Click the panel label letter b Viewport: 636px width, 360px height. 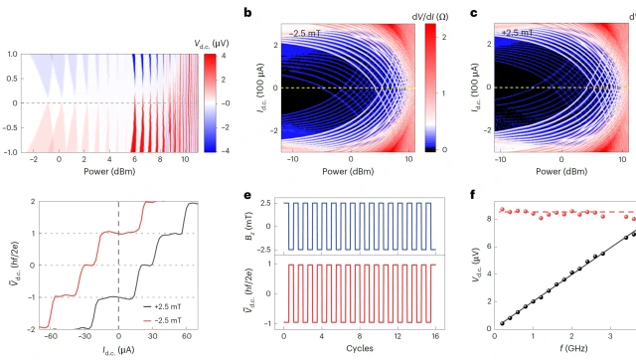(x=247, y=13)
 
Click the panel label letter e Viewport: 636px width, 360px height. (x=247, y=195)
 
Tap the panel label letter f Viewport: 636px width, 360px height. (x=473, y=194)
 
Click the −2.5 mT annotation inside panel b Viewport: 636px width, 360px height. (x=305, y=33)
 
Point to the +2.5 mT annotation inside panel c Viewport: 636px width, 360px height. (x=517, y=33)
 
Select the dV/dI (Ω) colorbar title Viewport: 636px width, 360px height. (x=430, y=17)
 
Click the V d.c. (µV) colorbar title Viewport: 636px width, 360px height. (x=212, y=44)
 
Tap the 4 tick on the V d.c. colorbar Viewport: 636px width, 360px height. (x=223, y=56)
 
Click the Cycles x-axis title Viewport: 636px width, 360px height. (x=360, y=348)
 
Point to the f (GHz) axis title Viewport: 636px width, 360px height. (x=572, y=348)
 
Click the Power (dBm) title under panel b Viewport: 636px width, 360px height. (x=348, y=171)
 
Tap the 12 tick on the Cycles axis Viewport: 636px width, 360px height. (x=397, y=336)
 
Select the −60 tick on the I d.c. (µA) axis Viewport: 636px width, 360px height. (x=51, y=336)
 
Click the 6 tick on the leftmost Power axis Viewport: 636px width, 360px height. (x=135, y=159)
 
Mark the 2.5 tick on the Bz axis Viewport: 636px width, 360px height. (x=264, y=203)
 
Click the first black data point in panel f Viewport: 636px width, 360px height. (x=502, y=323)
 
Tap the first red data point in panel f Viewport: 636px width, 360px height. (x=502, y=210)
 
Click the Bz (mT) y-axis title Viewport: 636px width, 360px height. (x=249, y=227)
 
